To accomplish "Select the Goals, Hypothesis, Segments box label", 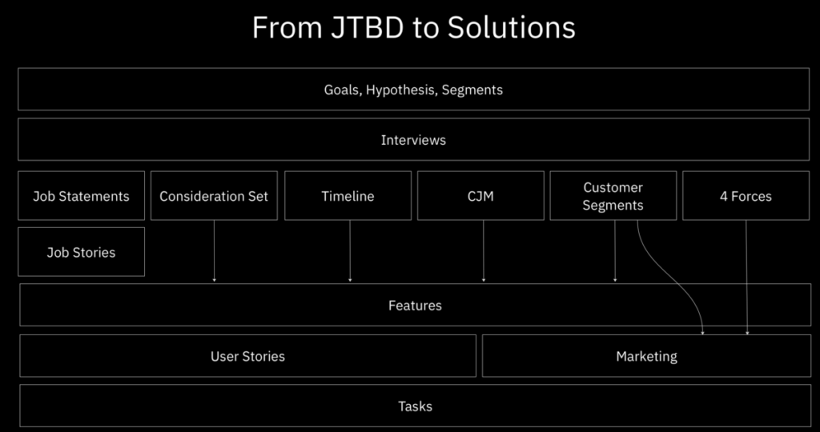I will (x=413, y=90).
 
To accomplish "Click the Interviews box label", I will (x=413, y=140).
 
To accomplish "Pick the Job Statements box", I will (x=81, y=196).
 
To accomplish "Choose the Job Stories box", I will (x=81, y=252).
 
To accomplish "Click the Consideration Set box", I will (x=214, y=196).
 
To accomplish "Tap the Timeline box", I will (x=348, y=196).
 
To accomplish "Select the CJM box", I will (x=480, y=196).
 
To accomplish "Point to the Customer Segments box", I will (x=613, y=196).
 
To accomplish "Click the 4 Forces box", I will (x=746, y=196).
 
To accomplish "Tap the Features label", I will (x=415, y=305).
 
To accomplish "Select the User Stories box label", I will (x=247, y=356).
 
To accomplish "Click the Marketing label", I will (x=646, y=356).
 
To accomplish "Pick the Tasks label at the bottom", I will (x=415, y=406).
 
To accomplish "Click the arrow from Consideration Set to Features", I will (x=214, y=252).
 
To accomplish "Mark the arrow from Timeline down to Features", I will (x=350, y=252).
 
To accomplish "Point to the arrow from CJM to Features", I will (x=484, y=252).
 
